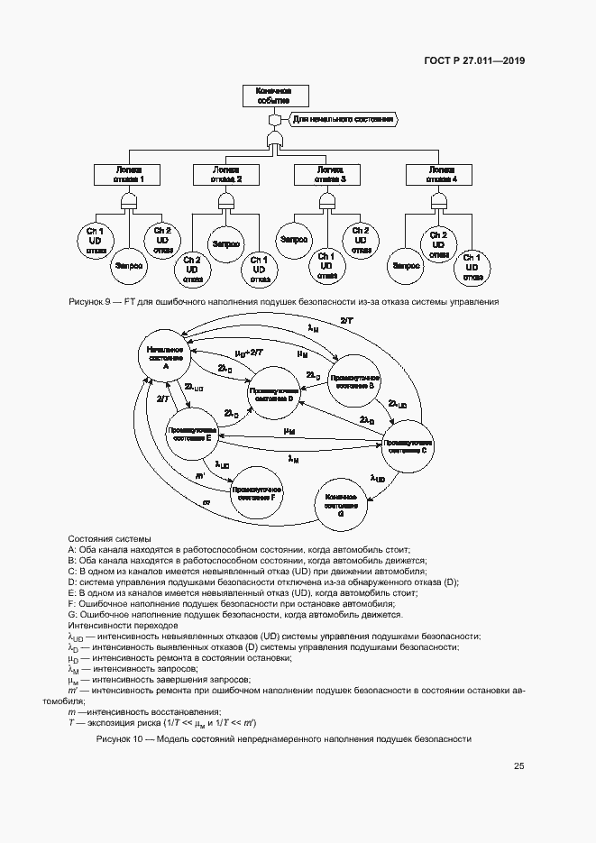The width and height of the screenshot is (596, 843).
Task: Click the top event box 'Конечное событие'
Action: [275, 96]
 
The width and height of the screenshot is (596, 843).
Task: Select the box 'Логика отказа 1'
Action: [127, 174]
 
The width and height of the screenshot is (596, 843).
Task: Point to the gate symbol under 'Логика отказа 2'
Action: [226, 199]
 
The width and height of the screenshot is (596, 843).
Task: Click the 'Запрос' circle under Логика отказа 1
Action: [127, 266]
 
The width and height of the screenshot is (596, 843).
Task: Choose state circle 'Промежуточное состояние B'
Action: [354, 381]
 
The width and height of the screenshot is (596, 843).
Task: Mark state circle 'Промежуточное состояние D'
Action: [274, 394]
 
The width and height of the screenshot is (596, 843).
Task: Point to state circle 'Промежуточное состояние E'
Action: [190, 435]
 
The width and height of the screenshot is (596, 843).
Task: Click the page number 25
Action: [519, 766]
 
